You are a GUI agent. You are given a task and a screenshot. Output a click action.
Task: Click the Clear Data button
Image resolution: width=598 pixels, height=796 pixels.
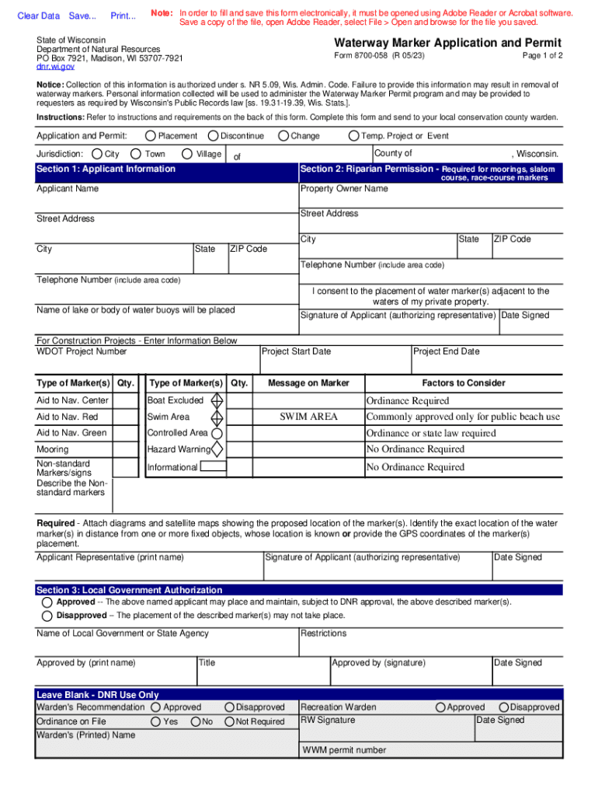(x=38, y=16)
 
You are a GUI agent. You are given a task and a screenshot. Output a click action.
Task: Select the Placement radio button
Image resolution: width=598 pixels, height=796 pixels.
(x=151, y=136)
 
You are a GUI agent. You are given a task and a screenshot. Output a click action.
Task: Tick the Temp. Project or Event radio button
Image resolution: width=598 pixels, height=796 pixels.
(x=354, y=136)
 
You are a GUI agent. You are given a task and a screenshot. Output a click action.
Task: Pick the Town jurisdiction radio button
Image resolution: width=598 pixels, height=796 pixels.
(x=137, y=154)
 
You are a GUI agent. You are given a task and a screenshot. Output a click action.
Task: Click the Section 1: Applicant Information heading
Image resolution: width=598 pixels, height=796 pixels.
(x=106, y=169)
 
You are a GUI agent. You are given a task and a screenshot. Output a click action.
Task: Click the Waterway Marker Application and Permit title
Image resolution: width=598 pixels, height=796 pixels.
(x=447, y=43)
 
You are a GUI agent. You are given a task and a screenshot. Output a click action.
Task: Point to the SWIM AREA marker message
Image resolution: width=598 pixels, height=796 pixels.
(x=308, y=417)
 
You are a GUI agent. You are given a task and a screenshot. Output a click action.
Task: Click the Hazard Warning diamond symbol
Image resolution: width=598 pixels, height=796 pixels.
(x=217, y=449)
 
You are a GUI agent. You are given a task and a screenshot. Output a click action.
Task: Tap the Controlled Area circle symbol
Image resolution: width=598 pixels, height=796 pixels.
(x=217, y=433)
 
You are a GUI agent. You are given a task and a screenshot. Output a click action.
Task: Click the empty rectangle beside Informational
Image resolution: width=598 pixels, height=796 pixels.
(x=214, y=467)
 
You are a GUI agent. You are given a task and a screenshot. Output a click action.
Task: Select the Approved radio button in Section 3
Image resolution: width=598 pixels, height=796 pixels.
(x=47, y=602)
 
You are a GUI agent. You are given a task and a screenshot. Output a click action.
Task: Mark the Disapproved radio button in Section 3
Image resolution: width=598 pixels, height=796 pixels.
(x=47, y=616)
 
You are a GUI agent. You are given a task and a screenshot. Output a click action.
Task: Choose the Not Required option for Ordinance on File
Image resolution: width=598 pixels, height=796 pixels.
(x=230, y=722)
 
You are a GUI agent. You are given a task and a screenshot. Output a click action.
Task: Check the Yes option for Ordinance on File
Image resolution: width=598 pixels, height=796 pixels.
(x=156, y=722)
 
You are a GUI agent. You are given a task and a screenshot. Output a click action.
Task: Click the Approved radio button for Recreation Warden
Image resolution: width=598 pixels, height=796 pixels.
(x=441, y=707)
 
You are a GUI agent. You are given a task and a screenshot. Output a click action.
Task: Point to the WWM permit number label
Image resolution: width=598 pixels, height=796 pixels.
(x=343, y=750)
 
